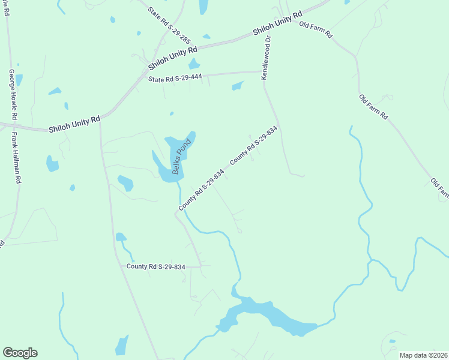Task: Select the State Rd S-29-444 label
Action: point(175,78)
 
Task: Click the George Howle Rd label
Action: point(13,93)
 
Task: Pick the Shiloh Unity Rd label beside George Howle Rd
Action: point(74,124)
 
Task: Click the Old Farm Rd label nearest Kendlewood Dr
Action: point(316,30)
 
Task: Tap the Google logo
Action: point(20,353)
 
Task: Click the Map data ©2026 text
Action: point(424,355)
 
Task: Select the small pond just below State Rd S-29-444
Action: point(238,86)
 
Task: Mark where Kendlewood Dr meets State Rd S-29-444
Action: point(262,72)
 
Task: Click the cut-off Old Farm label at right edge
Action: point(440,187)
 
